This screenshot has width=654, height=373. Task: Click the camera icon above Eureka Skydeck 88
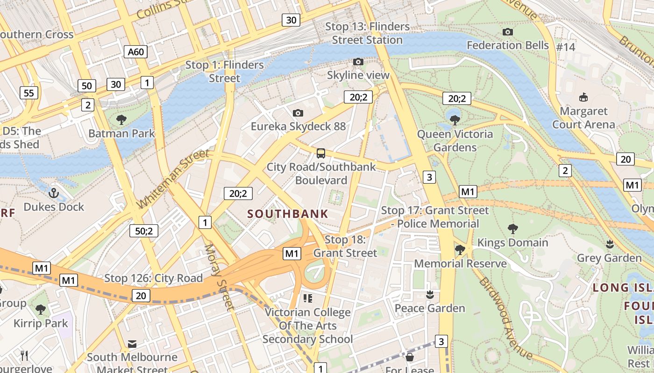click(x=298, y=113)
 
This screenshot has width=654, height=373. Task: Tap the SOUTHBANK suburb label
click(x=288, y=214)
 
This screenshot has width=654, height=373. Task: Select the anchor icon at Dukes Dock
click(x=54, y=193)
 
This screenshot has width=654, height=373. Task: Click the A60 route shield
click(x=136, y=52)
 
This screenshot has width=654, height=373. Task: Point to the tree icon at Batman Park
click(x=121, y=120)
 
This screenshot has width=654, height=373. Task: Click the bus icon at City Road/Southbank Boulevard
click(x=321, y=153)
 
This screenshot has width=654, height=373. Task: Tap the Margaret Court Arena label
click(x=583, y=118)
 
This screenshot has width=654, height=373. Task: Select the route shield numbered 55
click(x=29, y=93)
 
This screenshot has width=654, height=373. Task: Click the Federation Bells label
click(x=508, y=45)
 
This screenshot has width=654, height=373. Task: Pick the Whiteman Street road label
click(x=173, y=179)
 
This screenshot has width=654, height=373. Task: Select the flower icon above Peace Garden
click(x=430, y=295)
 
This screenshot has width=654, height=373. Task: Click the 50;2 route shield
click(x=144, y=230)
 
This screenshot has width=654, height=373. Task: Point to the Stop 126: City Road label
click(x=153, y=278)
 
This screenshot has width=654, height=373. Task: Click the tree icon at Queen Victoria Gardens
click(x=455, y=120)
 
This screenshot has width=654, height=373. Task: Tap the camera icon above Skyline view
click(x=358, y=62)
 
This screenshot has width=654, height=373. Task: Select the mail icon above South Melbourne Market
click(x=132, y=344)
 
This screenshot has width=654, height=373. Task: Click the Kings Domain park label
click(x=512, y=242)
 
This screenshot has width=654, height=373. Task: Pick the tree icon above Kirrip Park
click(x=41, y=309)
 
